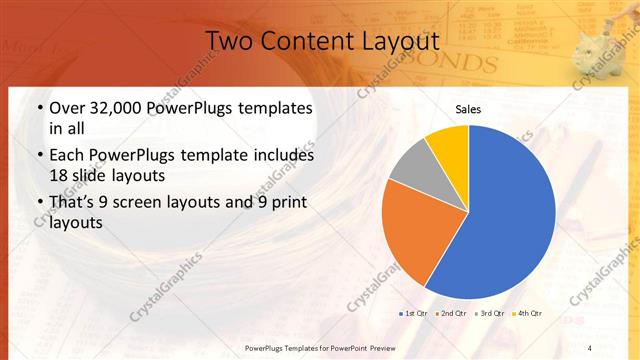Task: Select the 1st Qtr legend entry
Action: tap(417, 314)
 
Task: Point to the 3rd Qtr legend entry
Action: tap(492, 314)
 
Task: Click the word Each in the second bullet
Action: tap(66, 156)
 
